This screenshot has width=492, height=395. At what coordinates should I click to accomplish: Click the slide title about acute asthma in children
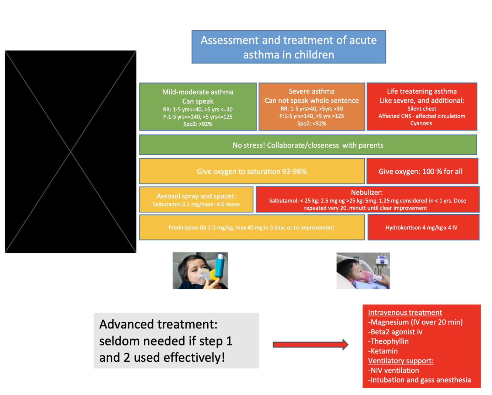click(x=288, y=47)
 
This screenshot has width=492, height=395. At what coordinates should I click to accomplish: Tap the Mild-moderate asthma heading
click(x=198, y=92)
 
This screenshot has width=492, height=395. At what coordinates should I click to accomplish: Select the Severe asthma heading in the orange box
click(x=312, y=91)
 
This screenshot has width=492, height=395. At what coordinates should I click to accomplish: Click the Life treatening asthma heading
click(x=422, y=91)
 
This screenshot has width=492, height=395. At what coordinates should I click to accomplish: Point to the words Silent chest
click(x=422, y=109)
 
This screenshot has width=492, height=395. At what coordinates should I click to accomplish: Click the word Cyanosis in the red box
click(x=421, y=123)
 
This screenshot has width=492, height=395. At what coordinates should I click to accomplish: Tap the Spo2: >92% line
click(x=198, y=124)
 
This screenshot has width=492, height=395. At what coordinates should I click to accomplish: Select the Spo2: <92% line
click(x=312, y=123)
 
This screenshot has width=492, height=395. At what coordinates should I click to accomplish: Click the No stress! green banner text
click(x=308, y=145)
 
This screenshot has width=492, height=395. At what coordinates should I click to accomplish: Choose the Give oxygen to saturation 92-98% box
click(x=252, y=171)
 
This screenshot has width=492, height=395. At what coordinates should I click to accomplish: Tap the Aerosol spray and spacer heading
click(x=196, y=196)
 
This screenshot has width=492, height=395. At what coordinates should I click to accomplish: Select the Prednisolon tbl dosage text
click(x=251, y=228)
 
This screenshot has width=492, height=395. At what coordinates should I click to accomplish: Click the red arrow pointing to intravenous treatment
click(x=310, y=344)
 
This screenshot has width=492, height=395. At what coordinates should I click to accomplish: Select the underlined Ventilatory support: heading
click(x=401, y=361)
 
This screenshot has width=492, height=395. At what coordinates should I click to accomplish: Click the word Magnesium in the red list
click(x=389, y=322)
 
